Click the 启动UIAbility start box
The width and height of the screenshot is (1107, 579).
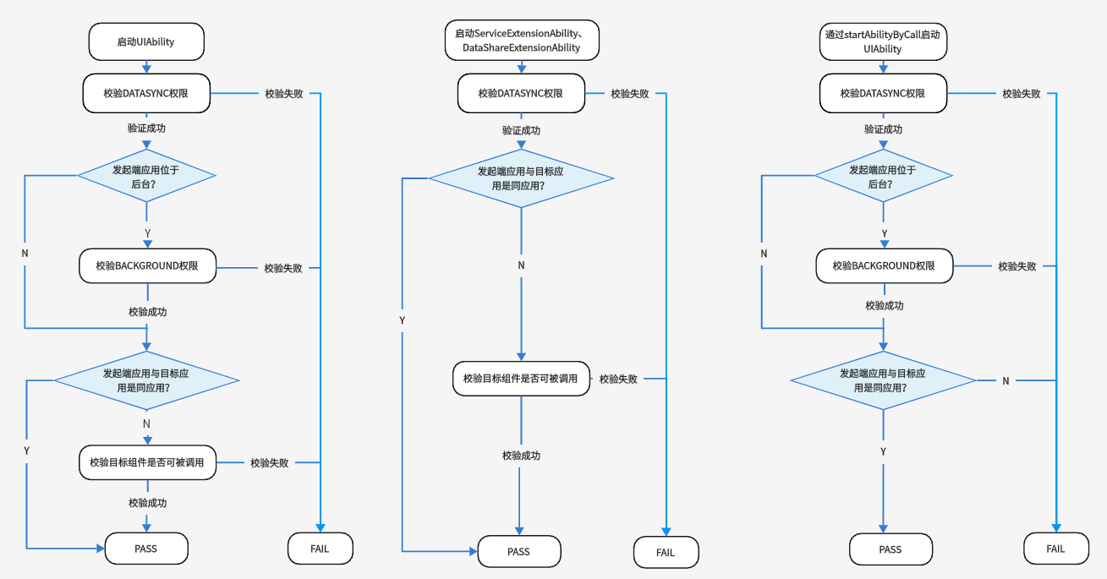(x=146, y=41)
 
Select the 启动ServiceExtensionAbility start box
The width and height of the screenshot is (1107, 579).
(x=522, y=40)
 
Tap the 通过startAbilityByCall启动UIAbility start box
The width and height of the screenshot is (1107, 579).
(x=883, y=41)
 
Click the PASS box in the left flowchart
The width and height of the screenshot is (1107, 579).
(x=146, y=549)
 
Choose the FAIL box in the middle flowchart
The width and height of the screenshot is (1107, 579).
(x=666, y=552)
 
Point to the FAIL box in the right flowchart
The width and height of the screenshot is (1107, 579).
(x=1056, y=549)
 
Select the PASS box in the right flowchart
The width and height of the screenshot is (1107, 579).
(x=891, y=549)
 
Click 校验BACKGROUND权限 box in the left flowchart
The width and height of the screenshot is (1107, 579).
(x=147, y=265)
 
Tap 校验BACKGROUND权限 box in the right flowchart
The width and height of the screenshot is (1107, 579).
(x=884, y=265)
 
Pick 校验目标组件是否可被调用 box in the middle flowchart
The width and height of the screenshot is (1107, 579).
(x=521, y=379)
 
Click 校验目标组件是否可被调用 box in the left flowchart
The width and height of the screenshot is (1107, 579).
(x=147, y=462)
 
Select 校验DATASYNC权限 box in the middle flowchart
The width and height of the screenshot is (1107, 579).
(x=521, y=93)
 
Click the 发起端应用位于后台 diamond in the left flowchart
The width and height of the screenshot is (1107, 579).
(x=146, y=176)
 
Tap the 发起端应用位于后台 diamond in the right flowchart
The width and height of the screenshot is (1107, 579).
(x=883, y=176)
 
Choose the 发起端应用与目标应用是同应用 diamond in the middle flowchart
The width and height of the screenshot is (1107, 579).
(x=522, y=178)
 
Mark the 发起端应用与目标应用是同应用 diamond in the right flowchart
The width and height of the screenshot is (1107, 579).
(x=883, y=380)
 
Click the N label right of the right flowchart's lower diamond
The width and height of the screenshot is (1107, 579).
(x=1006, y=381)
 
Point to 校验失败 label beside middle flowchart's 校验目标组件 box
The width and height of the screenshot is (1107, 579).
(x=618, y=379)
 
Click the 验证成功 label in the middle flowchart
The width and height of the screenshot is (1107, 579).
(x=522, y=130)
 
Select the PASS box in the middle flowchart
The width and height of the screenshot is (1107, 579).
(x=519, y=551)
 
